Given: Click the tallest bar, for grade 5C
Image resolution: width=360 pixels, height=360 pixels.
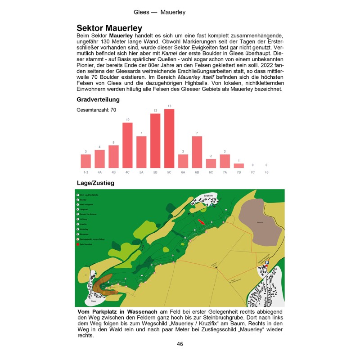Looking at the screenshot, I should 169,138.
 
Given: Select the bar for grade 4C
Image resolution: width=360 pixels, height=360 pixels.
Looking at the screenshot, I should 127,145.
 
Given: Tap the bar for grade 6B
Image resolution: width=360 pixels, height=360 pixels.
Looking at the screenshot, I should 197,152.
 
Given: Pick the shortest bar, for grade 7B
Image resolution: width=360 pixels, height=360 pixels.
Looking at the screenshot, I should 238,165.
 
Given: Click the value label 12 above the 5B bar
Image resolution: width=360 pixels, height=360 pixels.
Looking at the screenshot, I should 155,110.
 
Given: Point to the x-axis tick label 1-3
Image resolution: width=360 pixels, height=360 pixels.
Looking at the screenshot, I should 85,172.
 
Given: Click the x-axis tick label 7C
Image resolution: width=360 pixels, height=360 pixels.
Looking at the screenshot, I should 252,172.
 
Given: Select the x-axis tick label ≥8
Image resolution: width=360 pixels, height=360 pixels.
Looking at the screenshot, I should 266,172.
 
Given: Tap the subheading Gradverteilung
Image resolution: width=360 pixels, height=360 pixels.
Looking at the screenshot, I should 98,99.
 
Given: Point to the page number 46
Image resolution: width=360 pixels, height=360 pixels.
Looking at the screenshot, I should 180,344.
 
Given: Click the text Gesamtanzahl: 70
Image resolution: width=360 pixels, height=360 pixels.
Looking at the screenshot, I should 96,109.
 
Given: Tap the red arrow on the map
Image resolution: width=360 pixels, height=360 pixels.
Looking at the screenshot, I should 202,222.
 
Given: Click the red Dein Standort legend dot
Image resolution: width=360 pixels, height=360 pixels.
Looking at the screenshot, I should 78,244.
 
